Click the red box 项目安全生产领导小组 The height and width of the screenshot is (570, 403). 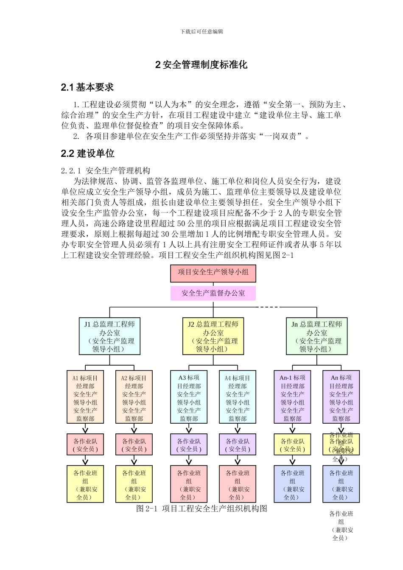point(213,273)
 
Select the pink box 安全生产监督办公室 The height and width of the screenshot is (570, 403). point(213,293)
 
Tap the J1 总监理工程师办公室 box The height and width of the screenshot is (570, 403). point(109,336)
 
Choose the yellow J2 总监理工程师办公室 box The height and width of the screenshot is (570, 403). point(213,336)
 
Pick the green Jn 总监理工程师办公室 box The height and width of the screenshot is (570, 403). point(316,336)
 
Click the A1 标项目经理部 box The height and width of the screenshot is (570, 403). point(85,397)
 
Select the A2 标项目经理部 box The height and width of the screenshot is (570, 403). point(134,397)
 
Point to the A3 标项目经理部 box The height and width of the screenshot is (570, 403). point(189,397)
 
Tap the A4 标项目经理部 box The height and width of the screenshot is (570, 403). point(238,397)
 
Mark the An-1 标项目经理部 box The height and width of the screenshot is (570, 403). point(292,397)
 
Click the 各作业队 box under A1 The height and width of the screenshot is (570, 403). point(85,444)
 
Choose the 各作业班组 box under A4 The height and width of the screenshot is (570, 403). point(238,484)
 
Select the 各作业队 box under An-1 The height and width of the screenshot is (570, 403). point(292,444)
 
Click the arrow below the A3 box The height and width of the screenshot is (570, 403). point(189,429)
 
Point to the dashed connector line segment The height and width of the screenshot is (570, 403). point(268,307)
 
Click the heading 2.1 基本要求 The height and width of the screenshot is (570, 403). point(87,87)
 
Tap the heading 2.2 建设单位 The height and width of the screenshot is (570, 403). point(88,153)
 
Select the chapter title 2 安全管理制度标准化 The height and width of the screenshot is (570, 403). point(201,65)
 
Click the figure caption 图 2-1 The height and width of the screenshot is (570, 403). point(201,509)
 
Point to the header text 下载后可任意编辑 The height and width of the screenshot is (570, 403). point(201,31)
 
